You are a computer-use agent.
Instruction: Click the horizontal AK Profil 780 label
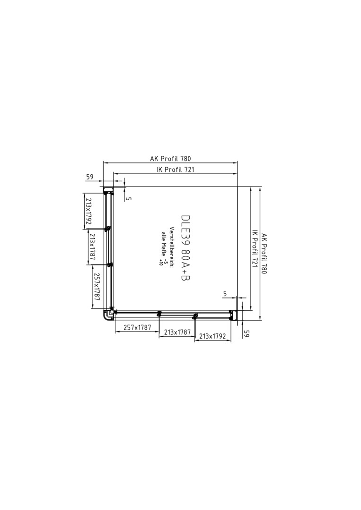pos(170,159)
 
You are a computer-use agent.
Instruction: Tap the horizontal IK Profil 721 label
pos(175,170)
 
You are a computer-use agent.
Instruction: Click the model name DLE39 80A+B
pos(185,247)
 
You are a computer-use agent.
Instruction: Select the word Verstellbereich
pos(171,246)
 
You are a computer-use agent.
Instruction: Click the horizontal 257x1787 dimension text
pos(137,328)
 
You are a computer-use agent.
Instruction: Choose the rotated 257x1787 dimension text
pos(97,286)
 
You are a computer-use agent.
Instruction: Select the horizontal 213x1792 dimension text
pos(212,336)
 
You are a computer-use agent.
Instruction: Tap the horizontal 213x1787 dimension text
pos(177,332)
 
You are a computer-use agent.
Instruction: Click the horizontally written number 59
pos(89,177)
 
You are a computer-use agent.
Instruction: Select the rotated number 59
pos(247,334)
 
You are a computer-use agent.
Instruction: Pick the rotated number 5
pos(129,198)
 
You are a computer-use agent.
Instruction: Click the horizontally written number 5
pos(225,294)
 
